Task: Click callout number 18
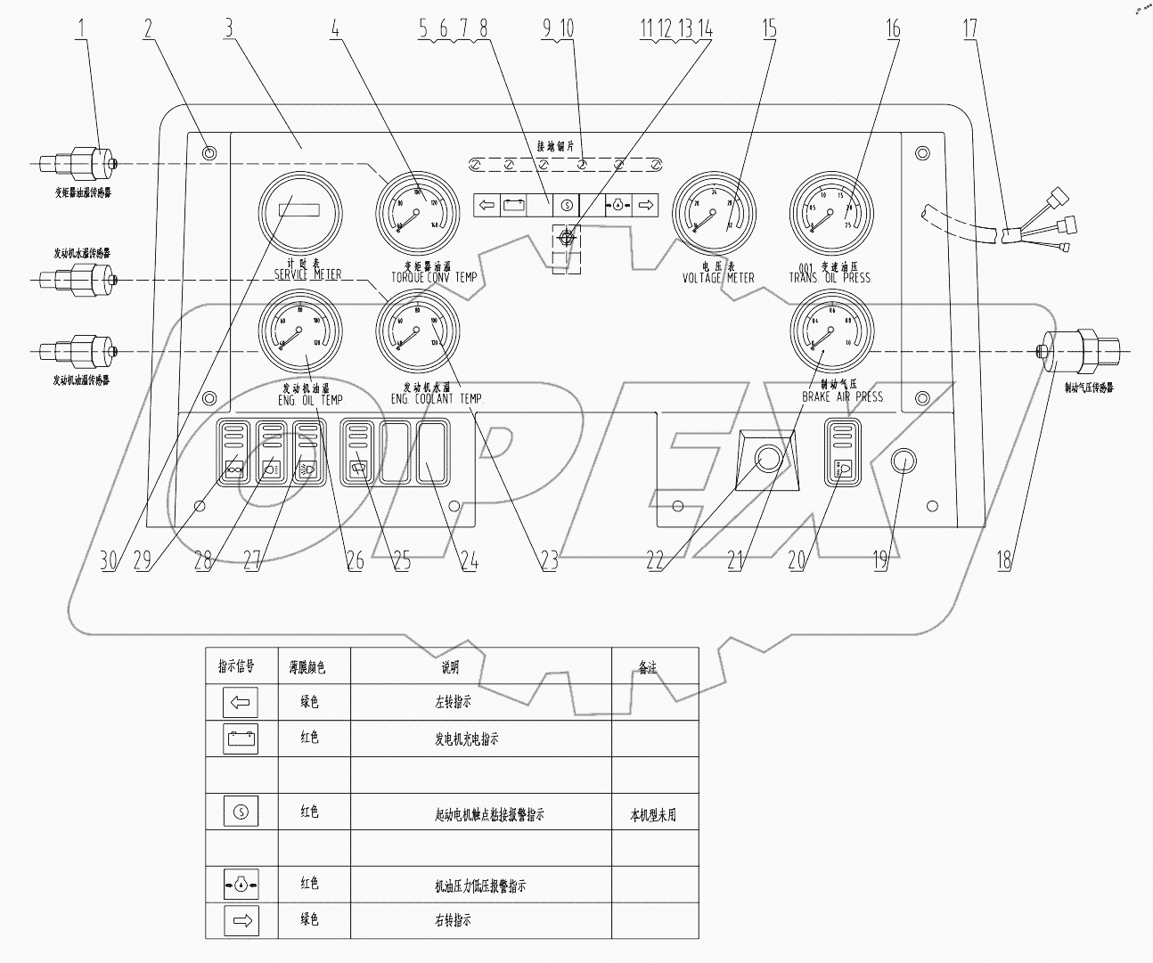click(x=1004, y=560)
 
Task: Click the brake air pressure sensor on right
click(x=1079, y=352)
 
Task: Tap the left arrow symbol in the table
click(x=240, y=703)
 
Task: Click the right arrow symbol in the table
click(x=240, y=921)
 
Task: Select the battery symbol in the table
click(x=240, y=739)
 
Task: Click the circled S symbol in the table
click(x=240, y=812)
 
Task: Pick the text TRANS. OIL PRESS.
click(x=830, y=278)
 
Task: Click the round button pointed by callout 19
click(x=904, y=461)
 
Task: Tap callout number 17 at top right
click(x=969, y=29)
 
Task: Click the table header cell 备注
click(x=654, y=666)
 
